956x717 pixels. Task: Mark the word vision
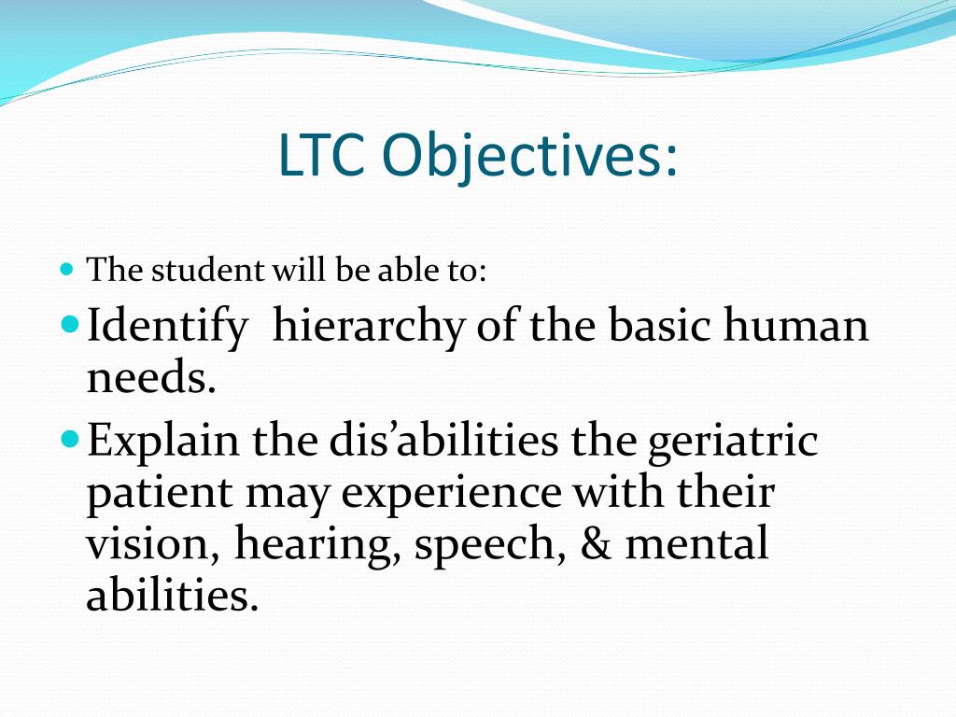(x=150, y=545)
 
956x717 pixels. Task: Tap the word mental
(x=696, y=545)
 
